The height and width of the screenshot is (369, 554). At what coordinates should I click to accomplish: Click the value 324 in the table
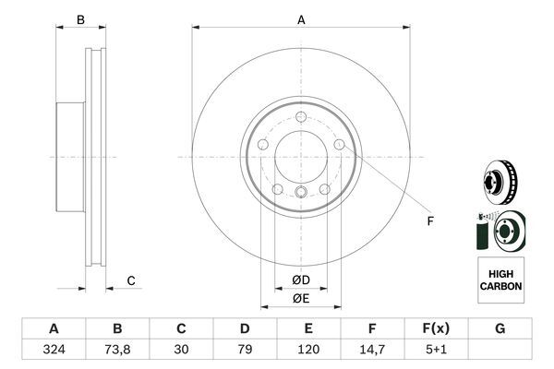(53, 351)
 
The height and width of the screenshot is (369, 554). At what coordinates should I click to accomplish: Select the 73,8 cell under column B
(117, 351)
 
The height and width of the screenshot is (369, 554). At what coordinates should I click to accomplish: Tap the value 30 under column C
(181, 351)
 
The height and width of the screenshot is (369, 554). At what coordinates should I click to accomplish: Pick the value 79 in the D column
(245, 351)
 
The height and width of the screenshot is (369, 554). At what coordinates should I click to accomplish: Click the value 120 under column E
(308, 351)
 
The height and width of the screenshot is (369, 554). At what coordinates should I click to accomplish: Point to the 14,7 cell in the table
(372, 351)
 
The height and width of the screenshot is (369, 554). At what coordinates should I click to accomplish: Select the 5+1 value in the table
(436, 351)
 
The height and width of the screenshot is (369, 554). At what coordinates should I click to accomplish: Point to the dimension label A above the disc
(301, 19)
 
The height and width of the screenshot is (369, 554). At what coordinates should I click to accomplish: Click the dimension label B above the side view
(80, 19)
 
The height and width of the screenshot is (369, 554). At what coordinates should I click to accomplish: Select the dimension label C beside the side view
(131, 280)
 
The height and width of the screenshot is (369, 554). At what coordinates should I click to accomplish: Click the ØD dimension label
(301, 280)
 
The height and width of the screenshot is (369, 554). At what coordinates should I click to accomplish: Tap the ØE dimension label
(301, 298)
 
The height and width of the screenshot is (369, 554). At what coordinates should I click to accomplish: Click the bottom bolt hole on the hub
(301, 192)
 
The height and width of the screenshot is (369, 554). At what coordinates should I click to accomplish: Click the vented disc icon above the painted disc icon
(500, 182)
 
